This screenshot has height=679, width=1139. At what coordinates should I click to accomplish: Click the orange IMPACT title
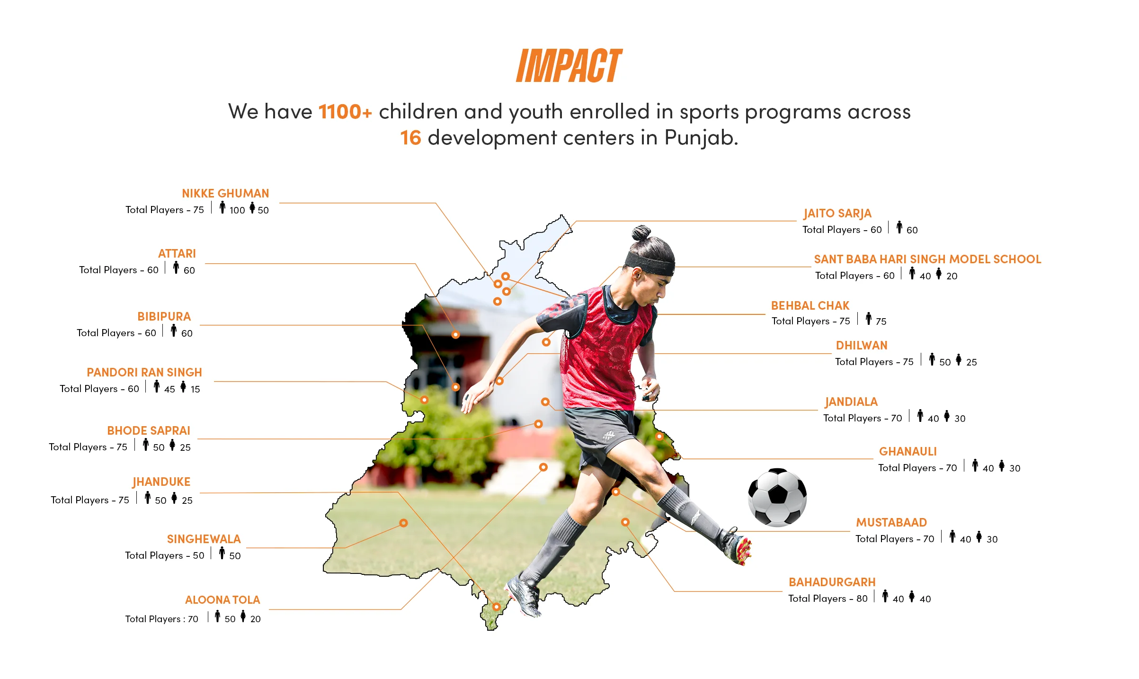569,66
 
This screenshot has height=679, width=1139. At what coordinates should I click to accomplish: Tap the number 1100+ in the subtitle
345,112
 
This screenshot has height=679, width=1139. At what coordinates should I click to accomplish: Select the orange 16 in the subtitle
410,138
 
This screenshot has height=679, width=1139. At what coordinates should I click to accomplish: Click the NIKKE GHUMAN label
225,193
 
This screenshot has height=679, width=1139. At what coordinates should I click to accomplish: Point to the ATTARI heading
177,253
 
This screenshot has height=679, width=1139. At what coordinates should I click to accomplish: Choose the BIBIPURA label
164,316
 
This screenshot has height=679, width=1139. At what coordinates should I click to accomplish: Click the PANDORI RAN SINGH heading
144,372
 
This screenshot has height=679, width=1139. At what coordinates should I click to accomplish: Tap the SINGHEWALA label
204,539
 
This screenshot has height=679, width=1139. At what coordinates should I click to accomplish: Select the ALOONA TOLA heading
222,599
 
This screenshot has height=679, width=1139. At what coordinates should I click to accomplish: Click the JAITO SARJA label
837,214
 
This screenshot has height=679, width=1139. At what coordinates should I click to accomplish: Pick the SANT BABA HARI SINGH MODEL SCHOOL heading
927,259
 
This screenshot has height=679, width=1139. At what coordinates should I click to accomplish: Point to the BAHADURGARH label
832,582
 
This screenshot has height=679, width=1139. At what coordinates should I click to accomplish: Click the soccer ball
777,497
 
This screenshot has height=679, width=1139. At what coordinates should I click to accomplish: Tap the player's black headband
650,263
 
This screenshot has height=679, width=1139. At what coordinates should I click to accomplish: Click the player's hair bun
641,233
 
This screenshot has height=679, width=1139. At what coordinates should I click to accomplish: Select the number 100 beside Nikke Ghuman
237,210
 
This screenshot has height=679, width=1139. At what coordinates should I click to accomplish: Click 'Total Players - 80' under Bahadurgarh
828,599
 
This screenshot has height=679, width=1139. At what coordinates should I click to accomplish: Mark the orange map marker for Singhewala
403,523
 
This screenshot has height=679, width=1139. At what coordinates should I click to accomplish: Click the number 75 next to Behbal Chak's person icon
881,322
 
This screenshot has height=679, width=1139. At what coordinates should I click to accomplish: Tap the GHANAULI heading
908,451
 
